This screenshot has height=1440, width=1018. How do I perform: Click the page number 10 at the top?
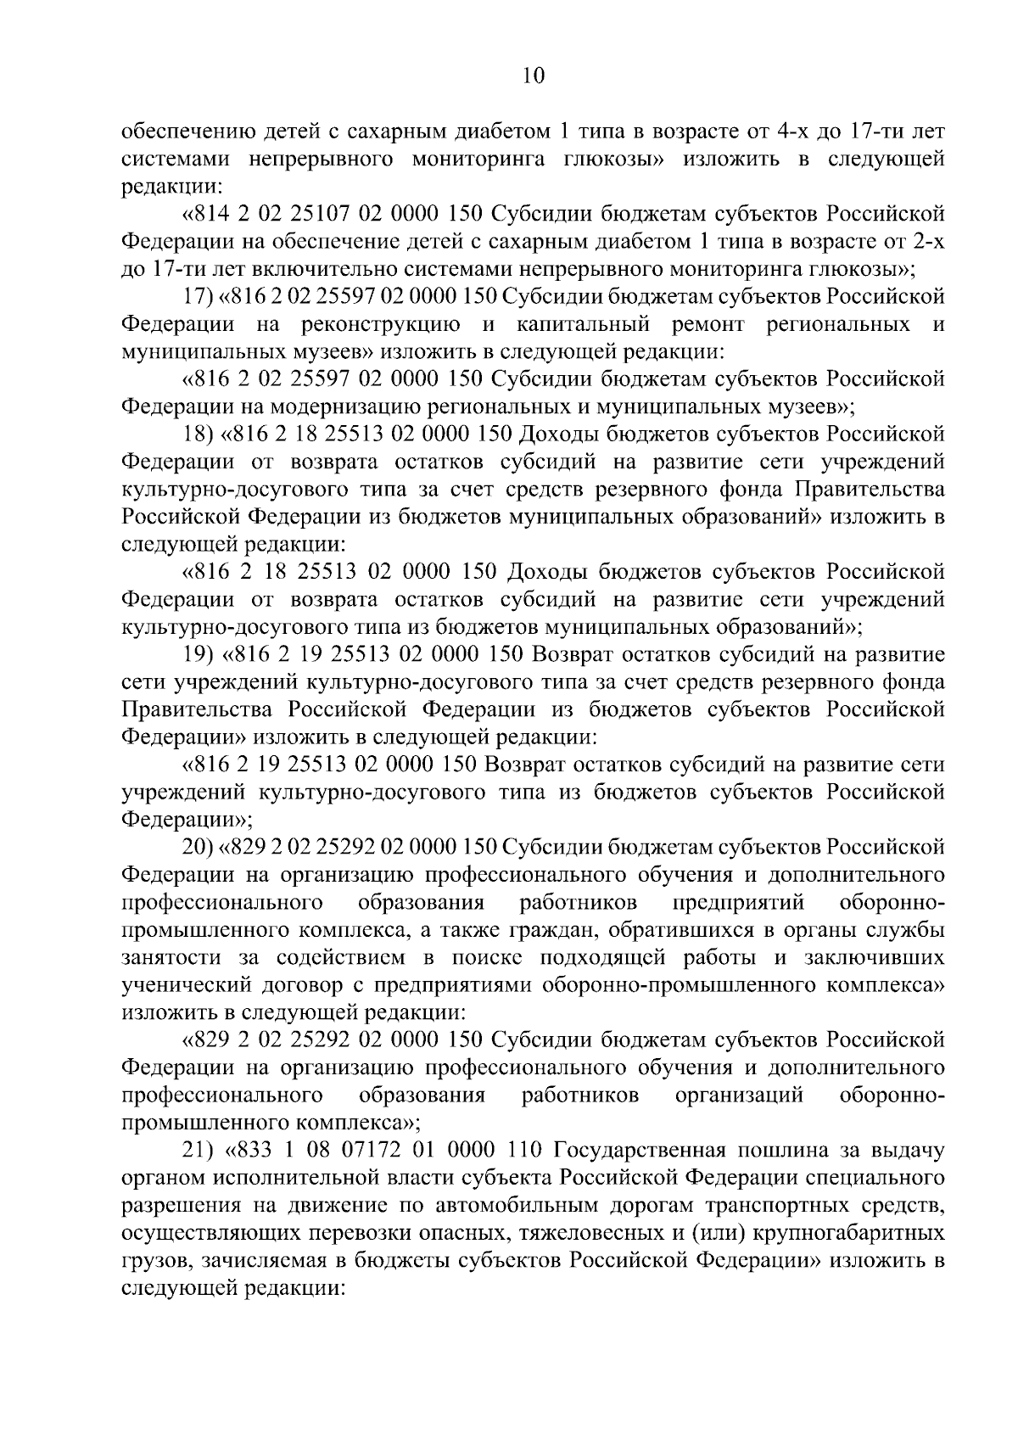tap(532, 76)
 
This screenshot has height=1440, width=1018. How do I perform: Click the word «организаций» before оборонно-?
tap(738, 1095)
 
